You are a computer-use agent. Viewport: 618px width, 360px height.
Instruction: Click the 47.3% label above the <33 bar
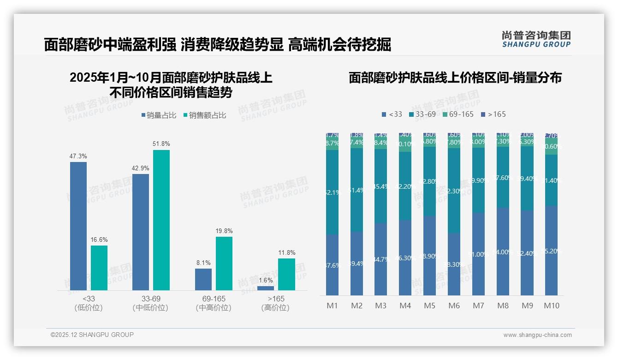click(x=78, y=156)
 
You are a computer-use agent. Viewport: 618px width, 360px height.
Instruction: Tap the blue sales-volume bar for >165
click(x=265, y=288)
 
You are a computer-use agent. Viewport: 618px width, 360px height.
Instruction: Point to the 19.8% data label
click(x=224, y=231)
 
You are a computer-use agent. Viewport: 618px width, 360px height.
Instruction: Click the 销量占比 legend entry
click(x=158, y=115)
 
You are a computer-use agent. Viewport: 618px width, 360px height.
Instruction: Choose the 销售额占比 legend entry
click(x=204, y=115)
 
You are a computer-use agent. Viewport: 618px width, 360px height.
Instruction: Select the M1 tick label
click(x=332, y=306)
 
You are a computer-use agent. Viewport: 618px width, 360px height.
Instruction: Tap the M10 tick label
click(x=551, y=306)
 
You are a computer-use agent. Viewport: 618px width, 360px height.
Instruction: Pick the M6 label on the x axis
click(x=454, y=306)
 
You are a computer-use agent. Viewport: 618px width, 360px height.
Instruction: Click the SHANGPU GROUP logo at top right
click(x=536, y=39)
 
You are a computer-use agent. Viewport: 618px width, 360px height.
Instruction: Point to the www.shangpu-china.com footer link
click(x=537, y=335)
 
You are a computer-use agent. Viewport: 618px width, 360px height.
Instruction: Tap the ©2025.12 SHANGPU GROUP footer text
click(x=92, y=335)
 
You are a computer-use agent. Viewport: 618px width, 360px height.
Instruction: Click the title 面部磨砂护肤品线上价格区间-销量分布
click(x=455, y=78)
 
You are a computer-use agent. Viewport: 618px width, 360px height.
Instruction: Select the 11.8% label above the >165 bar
click(x=287, y=252)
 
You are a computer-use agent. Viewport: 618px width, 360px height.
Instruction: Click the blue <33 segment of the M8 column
click(x=503, y=252)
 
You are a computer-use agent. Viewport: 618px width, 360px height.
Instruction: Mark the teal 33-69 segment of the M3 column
click(x=380, y=186)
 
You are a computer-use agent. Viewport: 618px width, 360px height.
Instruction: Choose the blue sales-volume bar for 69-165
click(x=203, y=279)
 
